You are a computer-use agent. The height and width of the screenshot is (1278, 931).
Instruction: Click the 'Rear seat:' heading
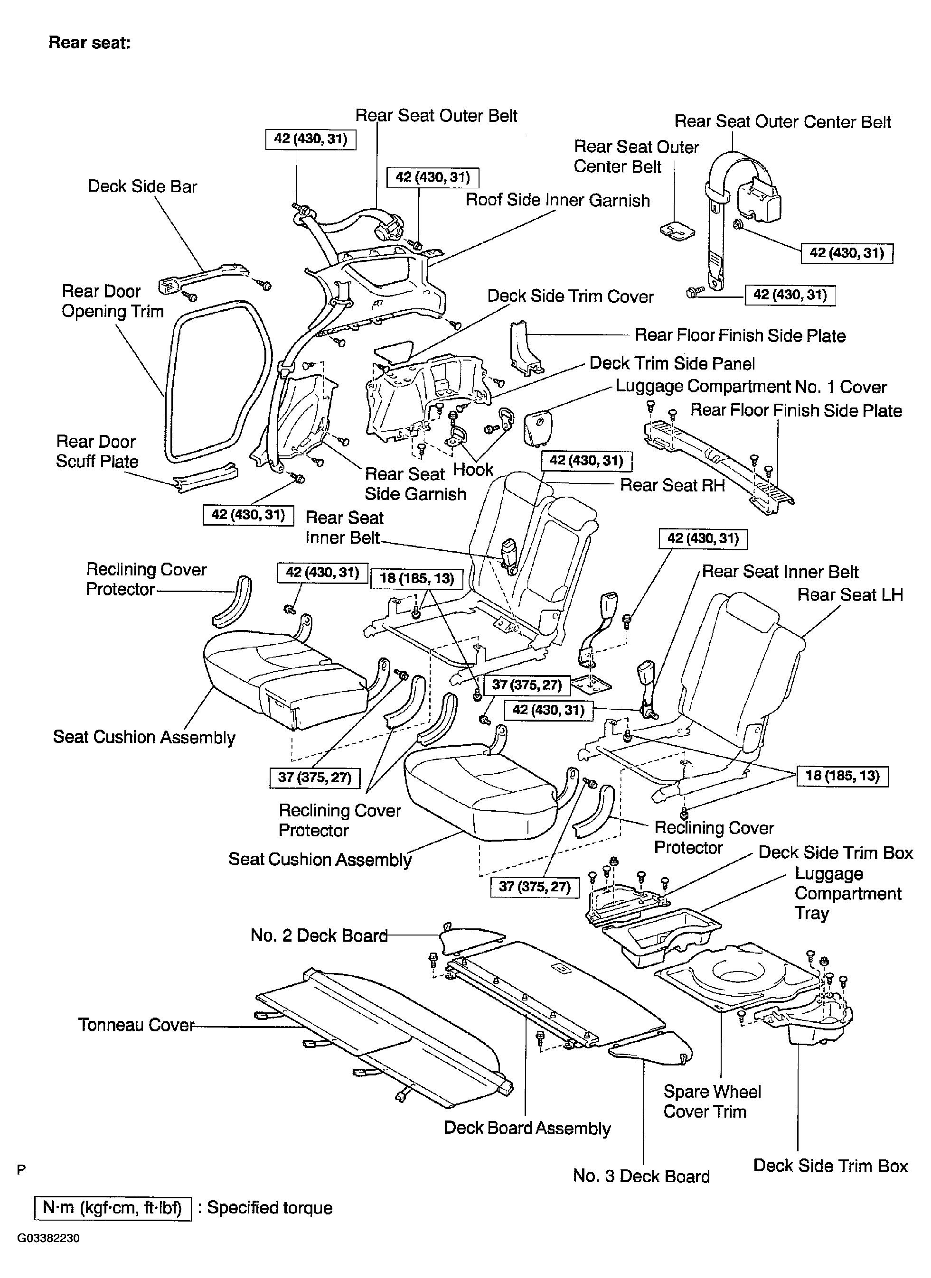[x=90, y=42]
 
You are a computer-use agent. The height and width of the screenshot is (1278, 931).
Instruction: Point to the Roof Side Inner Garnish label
[x=557, y=200]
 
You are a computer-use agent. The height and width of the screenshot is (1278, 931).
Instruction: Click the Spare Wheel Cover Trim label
[x=712, y=1102]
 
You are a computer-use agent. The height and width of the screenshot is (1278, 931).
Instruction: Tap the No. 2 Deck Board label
[x=319, y=935]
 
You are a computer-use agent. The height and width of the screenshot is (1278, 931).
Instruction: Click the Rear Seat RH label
[x=672, y=485]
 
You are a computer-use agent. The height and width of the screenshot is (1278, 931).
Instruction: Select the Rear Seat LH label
[x=850, y=594]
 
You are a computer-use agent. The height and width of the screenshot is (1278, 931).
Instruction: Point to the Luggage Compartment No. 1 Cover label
[x=751, y=387]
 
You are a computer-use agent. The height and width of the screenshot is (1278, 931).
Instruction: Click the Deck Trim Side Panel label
[x=672, y=363]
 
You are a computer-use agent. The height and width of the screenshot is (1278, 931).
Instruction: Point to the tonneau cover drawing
[x=384, y=1035]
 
